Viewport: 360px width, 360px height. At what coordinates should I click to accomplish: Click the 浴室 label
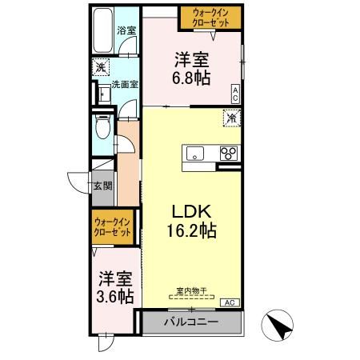click(x=126, y=30)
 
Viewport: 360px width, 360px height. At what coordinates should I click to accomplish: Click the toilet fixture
click(x=101, y=129)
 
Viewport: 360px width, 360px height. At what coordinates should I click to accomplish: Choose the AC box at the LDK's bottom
click(x=227, y=302)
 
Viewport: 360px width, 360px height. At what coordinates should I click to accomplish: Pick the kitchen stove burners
click(x=228, y=153)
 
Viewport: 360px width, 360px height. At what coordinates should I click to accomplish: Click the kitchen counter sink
click(x=195, y=152)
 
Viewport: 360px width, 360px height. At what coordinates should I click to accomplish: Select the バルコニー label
click(x=190, y=323)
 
